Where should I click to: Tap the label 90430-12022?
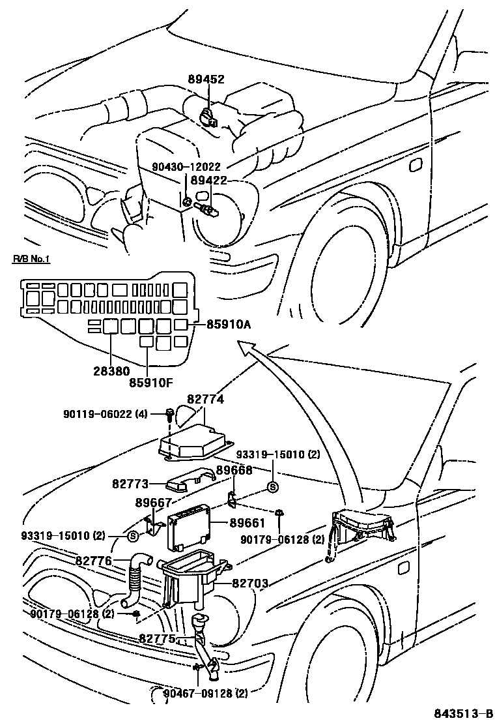pyautogui.click(x=185, y=166)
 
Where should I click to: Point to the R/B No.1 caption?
pyautogui.click(x=32, y=259)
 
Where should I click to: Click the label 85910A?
pyautogui.click(x=228, y=323)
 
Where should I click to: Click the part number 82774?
pyautogui.click(x=205, y=399)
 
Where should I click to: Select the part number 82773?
pyautogui.click(x=129, y=484)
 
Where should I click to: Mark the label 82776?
pyautogui.click(x=94, y=561)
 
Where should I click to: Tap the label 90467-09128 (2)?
pyautogui.click(x=205, y=692)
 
